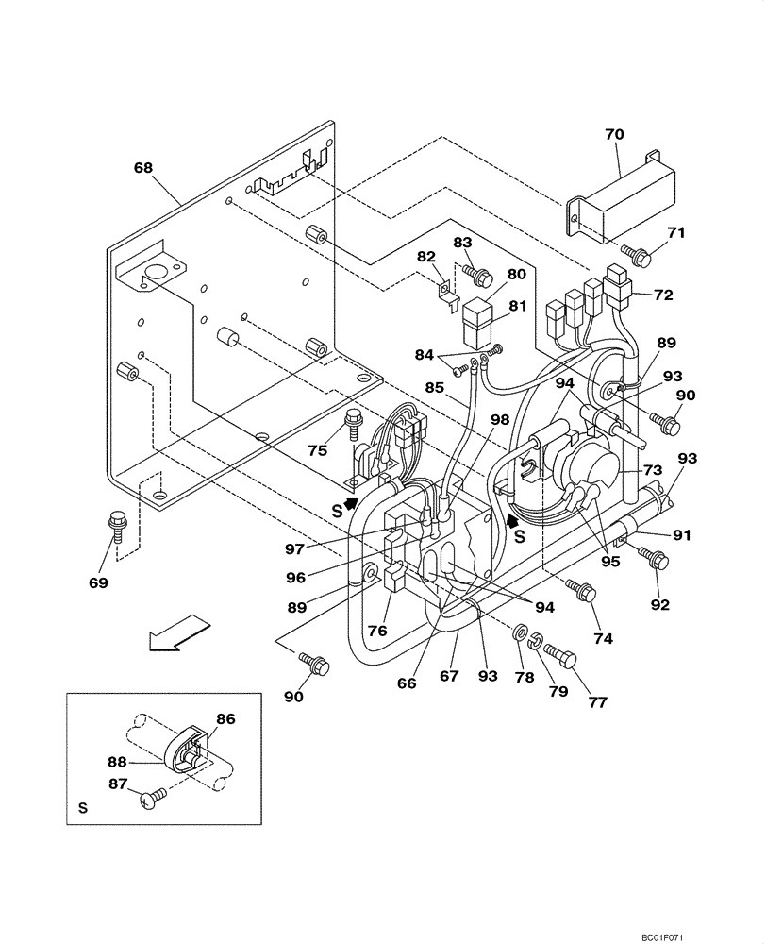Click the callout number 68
[142, 167]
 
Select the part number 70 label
[614, 134]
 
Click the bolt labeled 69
[120, 522]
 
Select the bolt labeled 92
[657, 561]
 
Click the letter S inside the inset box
[82, 809]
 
